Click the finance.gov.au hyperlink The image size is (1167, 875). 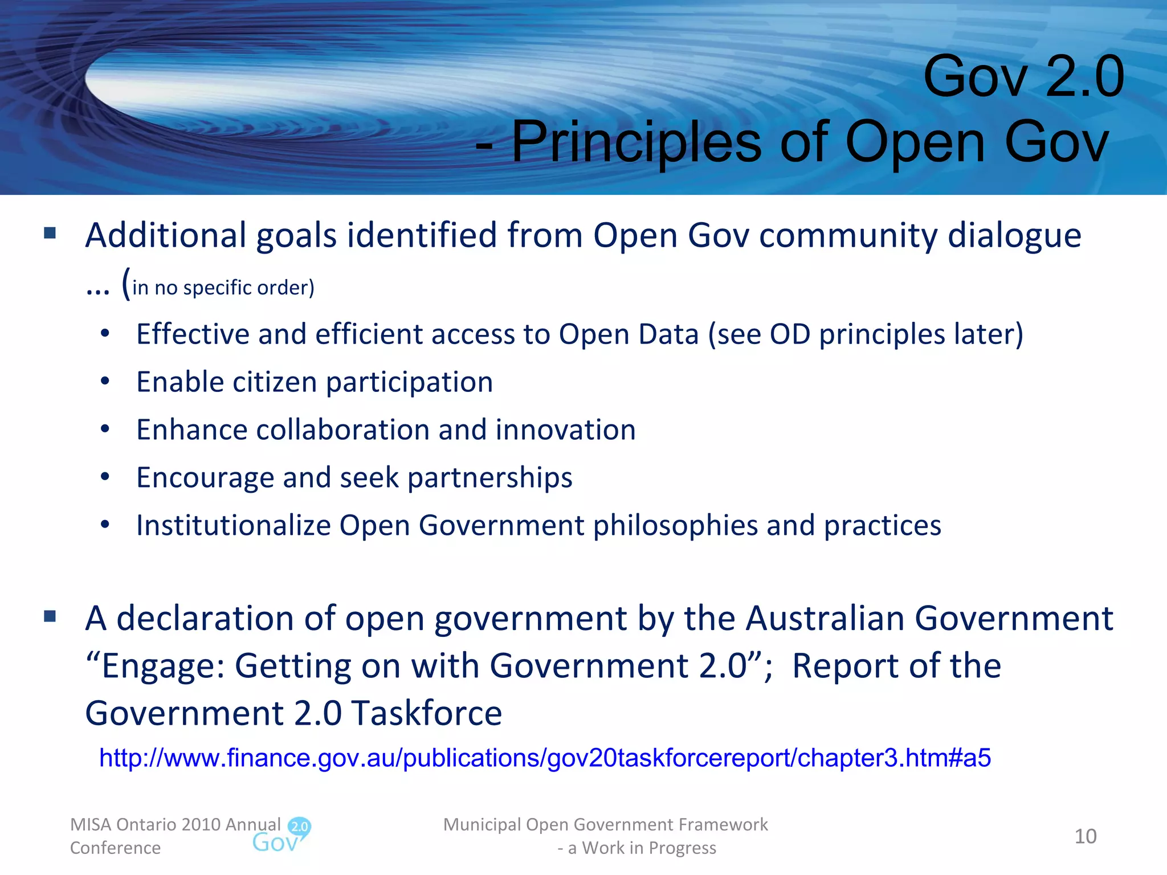click(x=545, y=758)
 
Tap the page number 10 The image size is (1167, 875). click(x=1085, y=836)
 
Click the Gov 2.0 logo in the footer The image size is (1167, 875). click(x=281, y=836)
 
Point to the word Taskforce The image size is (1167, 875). click(x=427, y=713)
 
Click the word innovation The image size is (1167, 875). click(x=565, y=430)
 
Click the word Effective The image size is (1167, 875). click(x=193, y=334)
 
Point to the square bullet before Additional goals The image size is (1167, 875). click(x=50, y=233)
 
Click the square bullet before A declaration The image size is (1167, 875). click(x=50, y=616)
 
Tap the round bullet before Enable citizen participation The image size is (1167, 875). click(x=105, y=382)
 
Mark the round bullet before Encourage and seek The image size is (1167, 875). click(x=105, y=477)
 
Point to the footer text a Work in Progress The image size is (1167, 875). click(x=642, y=848)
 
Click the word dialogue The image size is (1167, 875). click(x=1014, y=235)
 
